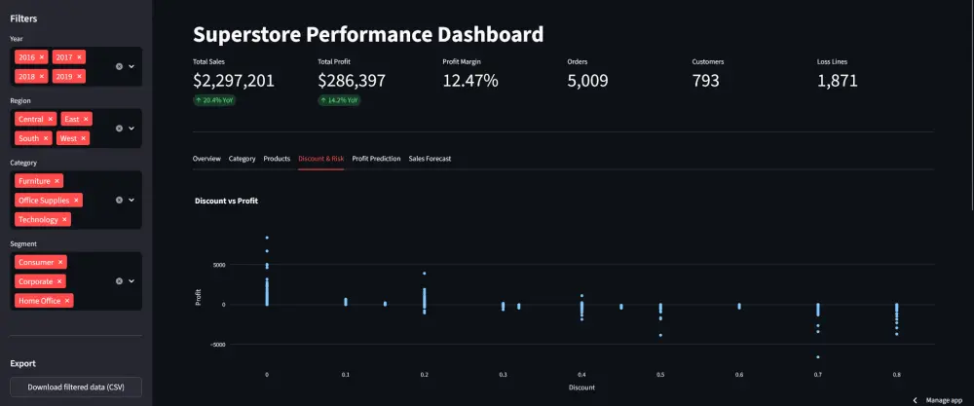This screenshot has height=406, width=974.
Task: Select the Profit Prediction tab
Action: tap(376, 158)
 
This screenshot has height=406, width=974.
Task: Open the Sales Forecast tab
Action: tap(430, 158)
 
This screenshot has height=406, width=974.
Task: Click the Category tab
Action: tap(242, 158)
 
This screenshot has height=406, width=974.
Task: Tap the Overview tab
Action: tap(206, 158)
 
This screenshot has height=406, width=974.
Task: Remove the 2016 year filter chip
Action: tap(42, 57)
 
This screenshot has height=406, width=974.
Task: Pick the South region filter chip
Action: tap(29, 138)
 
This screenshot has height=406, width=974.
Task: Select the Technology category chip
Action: tap(39, 220)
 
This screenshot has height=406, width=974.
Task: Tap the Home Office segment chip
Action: tap(39, 301)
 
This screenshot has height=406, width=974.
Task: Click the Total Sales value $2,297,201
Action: tap(234, 81)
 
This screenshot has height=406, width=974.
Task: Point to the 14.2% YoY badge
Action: tap(339, 100)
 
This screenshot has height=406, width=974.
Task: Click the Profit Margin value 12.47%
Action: tap(470, 81)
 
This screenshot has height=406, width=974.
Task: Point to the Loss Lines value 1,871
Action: tap(838, 81)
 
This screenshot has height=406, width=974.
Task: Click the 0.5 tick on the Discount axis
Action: tap(660, 374)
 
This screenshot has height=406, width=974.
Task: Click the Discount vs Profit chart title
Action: tap(226, 201)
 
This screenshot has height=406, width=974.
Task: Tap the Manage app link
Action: tap(937, 400)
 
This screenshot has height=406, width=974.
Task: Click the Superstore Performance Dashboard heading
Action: tap(368, 35)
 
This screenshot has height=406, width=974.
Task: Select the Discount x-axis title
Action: tap(581, 388)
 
